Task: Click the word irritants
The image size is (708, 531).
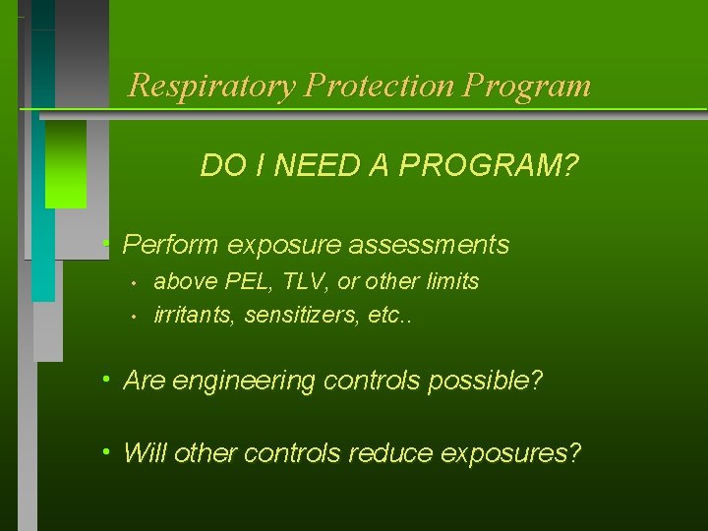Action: coord(195,317)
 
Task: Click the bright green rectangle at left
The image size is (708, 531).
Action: coord(66,164)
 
